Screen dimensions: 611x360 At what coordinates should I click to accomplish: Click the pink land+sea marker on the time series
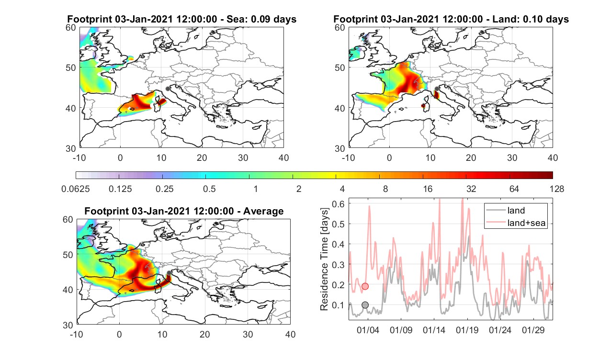(x=365, y=286)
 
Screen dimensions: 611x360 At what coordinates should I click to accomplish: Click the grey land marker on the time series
(x=365, y=305)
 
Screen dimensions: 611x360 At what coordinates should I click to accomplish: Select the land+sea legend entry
(x=516, y=223)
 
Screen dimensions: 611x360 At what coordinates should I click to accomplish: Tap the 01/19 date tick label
(x=467, y=330)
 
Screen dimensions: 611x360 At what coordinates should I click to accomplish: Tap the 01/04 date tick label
(x=368, y=330)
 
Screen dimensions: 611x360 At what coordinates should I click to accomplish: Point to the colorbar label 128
(x=557, y=189)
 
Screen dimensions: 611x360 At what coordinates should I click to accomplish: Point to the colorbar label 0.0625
(x=76, y=189)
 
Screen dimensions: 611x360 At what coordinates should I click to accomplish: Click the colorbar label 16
(x=428, y=189)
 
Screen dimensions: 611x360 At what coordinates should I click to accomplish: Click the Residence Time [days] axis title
(x=324, y=259)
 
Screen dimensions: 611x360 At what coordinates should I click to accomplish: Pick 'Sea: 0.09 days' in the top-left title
(x=261, y=19)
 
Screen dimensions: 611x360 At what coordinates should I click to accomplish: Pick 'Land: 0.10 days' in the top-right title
(x=532, y=19)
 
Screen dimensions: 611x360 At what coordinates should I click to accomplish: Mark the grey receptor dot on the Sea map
(x=168, y=89)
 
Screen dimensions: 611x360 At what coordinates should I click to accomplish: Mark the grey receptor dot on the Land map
(x=437, y=89)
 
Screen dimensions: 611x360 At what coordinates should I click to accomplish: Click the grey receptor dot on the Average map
(x=169, y=273)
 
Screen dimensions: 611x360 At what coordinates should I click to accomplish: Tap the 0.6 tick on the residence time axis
(x=339, y=204)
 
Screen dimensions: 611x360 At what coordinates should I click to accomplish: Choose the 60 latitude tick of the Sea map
(x=71, y=28)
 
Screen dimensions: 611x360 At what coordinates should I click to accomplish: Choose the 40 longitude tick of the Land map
(x=553, y=157)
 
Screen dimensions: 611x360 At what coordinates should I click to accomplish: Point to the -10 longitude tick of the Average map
(x=77, y=334)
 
